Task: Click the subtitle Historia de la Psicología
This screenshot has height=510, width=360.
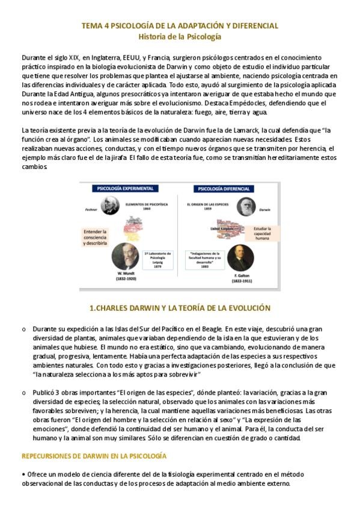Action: pos(180,37)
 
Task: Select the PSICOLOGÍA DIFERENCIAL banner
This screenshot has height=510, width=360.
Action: pos(221,188)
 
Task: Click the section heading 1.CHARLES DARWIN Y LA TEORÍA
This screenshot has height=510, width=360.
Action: pos(180,308)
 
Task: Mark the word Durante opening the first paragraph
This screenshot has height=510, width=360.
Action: pos(32,57)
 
